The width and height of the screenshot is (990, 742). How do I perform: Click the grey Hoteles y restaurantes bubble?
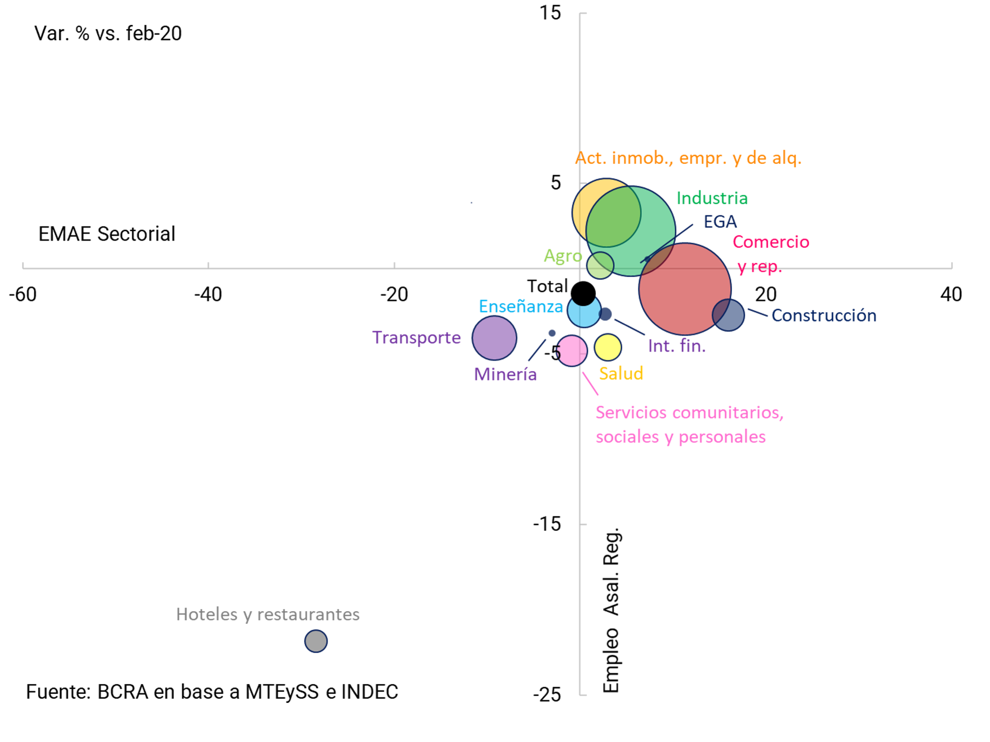point(316,641)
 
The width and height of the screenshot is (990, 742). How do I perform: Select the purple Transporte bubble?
point(494,338)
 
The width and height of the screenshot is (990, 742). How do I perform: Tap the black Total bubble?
point(583,293)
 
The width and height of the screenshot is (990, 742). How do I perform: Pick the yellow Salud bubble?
point(608,347)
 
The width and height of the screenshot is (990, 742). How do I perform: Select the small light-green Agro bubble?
point(600,265)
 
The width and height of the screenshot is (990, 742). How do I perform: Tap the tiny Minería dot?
point(552,333)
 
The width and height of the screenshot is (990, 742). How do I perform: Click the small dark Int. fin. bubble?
point(605,314)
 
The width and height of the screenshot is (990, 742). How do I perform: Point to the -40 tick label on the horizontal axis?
point(208,294)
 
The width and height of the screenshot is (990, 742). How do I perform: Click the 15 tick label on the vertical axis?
point(550,13)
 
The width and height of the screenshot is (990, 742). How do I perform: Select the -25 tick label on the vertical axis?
point(547,694)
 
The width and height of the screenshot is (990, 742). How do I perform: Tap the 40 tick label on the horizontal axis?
point(951,294)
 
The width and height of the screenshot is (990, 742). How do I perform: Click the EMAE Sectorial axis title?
point(107,234)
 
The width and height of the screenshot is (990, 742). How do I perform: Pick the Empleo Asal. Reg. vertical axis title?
point(611,610)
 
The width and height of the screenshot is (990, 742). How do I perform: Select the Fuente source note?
point(212,692)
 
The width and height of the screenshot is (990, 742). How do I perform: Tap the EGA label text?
point(720,221)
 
